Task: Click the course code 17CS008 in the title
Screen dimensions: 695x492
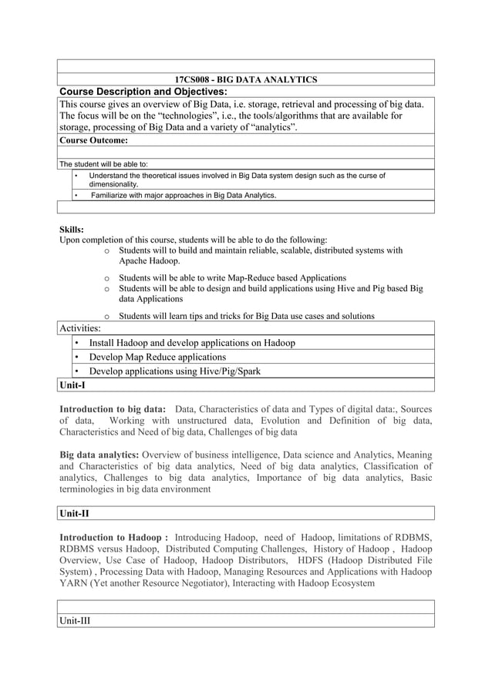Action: tap(194, 79)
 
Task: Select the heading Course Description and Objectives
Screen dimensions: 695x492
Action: tap(143, 92)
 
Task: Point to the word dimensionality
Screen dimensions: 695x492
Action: tap(114, 185)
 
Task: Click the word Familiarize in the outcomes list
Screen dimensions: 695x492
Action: tap(113, 196)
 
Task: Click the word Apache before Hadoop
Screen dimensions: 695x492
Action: tap(135, 261)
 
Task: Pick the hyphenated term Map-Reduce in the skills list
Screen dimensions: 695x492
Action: tap(271, 277)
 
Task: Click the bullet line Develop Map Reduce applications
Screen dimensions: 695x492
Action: tap(157, 357)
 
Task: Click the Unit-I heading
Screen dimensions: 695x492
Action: tap(72, 384)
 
